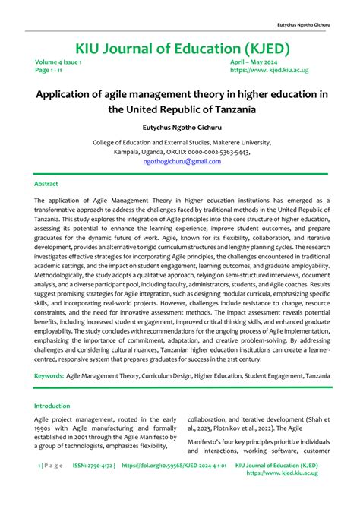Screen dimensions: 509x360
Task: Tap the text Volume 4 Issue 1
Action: click(58, 62)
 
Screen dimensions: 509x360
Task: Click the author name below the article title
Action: click(179, 128)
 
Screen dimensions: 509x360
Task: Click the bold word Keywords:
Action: click(49, 375)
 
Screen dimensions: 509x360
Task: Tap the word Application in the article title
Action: click(69, 94)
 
